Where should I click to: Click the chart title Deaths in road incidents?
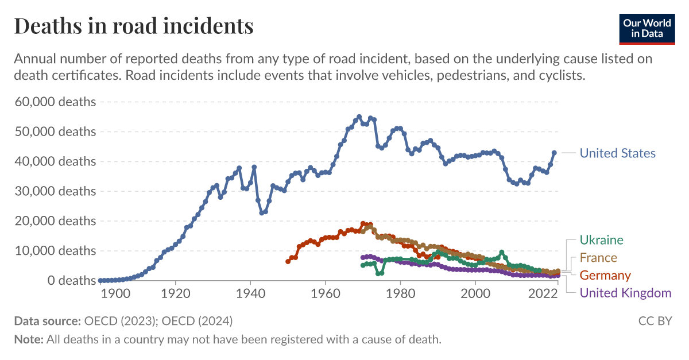tap(133, 26)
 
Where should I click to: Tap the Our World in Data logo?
tap(647, 28)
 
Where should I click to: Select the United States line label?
tap(617, 153)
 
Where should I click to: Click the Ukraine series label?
tap(601, 240)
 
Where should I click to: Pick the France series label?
tap(598, 258)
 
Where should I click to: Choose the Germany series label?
tap(605, 276)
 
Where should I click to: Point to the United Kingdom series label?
tap(625, 293)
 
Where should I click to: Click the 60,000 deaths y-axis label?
tap(55, 102)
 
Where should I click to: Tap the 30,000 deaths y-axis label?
tap(55, 191)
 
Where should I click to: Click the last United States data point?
tap(555, 153)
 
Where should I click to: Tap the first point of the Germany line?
tap(288, 261)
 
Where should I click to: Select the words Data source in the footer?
tap(47, 321)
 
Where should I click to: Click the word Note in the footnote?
tap(29, 339)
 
